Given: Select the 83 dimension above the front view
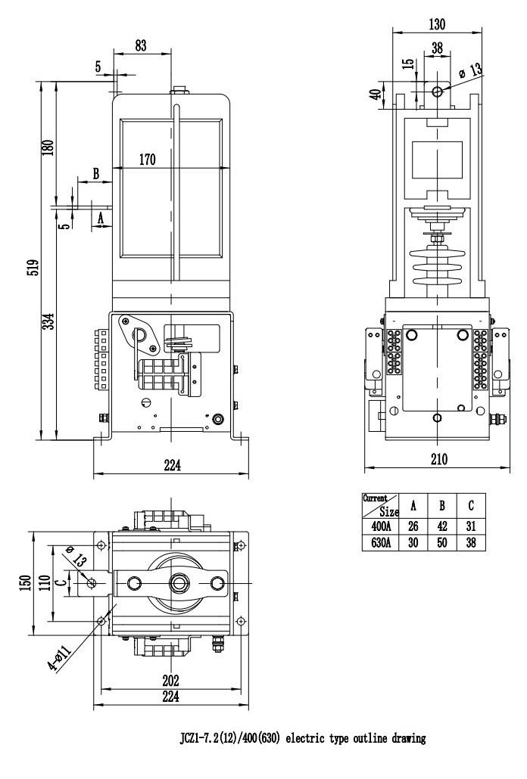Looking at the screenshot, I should (x=141, y=45).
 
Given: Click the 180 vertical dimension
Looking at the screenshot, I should (x=48, y=145).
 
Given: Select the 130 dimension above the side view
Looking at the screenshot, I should (x=436, y=24).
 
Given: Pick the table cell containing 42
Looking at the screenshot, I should (x=442, y=525).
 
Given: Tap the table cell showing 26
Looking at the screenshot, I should (x=413, y=525).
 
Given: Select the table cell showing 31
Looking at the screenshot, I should (x=471, y=525).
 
